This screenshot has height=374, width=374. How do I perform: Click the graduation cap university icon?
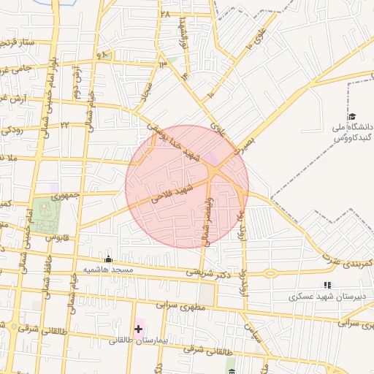click(351, 117)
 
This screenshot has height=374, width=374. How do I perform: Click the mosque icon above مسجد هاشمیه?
click(109, 259)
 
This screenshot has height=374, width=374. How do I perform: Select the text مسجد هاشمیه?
click(108, 270)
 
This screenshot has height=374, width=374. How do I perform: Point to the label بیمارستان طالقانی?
click(140, 341)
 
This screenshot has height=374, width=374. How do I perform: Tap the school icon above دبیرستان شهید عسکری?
click(327, 285)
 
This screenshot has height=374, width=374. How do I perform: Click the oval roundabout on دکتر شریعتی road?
click(271, 274)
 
